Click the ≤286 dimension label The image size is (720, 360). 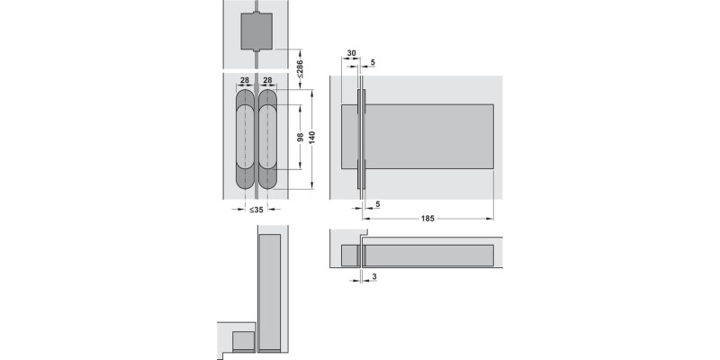point(301,67)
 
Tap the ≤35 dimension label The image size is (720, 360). point(256,210)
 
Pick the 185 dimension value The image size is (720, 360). point(427,219)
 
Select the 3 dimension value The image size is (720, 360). point(373,279)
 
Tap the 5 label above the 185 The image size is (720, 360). point(376,204)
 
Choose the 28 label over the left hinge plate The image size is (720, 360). point(244,80)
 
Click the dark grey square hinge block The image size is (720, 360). point(257,32)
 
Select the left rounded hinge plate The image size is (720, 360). point(246,138)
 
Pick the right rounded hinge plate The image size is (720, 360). point(270,138)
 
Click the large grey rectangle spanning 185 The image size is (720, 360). point(427,137)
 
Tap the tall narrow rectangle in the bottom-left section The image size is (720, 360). point(270,292)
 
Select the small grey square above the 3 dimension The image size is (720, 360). point(350,256)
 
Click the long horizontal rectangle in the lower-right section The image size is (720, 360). point(428,256)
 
